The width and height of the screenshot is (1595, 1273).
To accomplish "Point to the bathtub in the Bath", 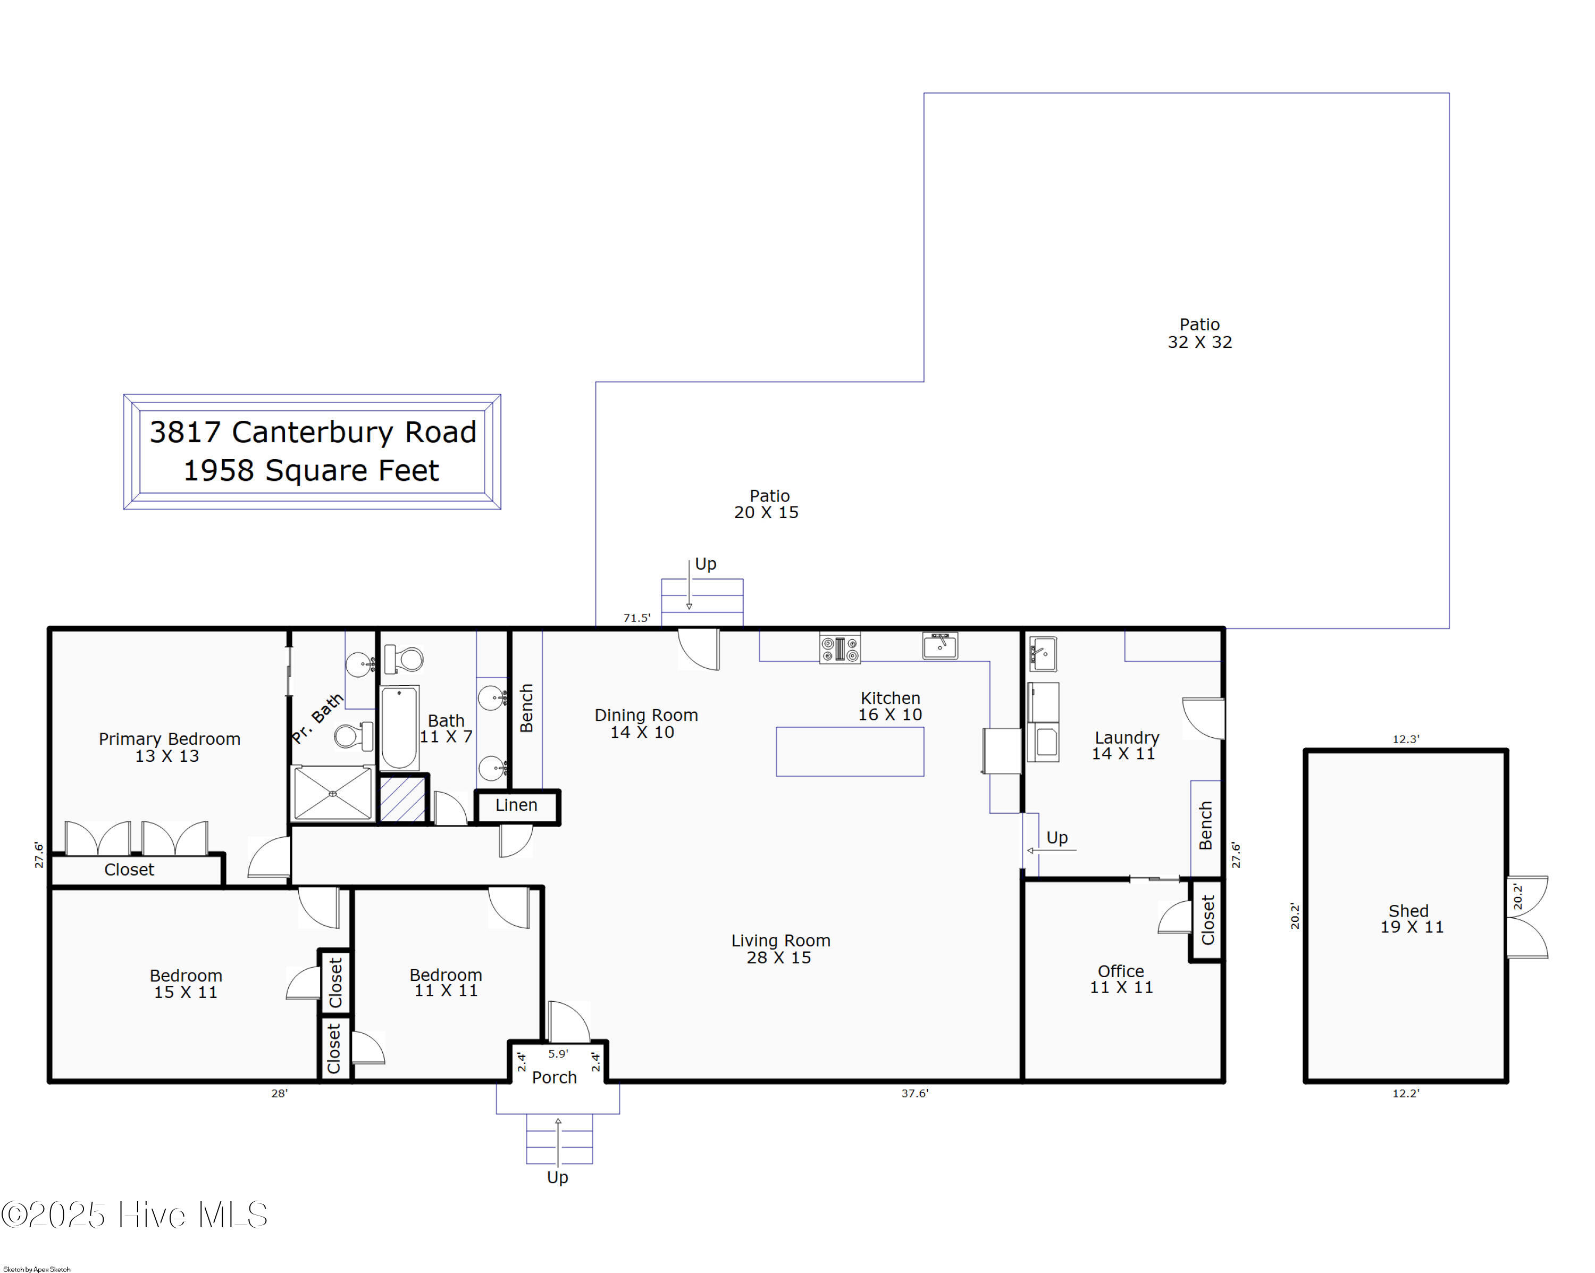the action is [399, 728].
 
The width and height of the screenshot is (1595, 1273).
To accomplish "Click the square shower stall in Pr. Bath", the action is [333, 793].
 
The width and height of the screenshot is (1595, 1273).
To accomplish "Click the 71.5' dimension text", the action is [637, 618].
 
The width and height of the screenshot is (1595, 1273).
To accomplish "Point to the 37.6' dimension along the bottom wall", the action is [914, 1093].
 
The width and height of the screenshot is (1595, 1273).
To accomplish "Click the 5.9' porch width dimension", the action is [558, 1053].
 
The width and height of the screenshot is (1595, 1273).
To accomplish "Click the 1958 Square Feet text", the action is [312, 471].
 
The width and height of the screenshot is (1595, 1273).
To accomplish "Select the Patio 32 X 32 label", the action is [1200, 333].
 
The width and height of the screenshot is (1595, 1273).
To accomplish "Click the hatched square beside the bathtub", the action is [402, 798].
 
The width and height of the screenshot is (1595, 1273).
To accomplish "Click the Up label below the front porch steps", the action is [557, 1178].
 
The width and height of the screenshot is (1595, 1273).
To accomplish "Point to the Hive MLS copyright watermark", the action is [134, 1215].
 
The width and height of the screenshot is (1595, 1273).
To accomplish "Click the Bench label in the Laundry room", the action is [1205, 825].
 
